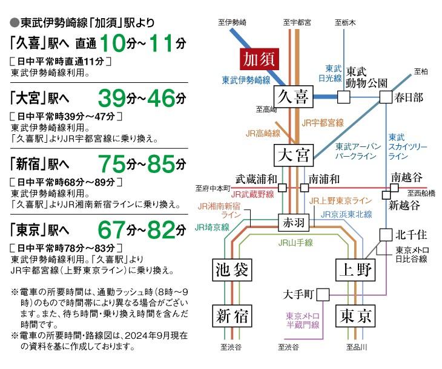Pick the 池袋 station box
click(233, 270)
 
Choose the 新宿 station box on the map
click(233, 316)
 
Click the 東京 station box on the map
click(355, 316)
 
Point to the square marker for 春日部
click(385, 97)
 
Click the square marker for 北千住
click(385, 233)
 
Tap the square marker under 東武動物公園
click(343, 97)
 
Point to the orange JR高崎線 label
click(263, 133)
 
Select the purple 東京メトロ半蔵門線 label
click(302, 320)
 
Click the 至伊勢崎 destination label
click(233, 22)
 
